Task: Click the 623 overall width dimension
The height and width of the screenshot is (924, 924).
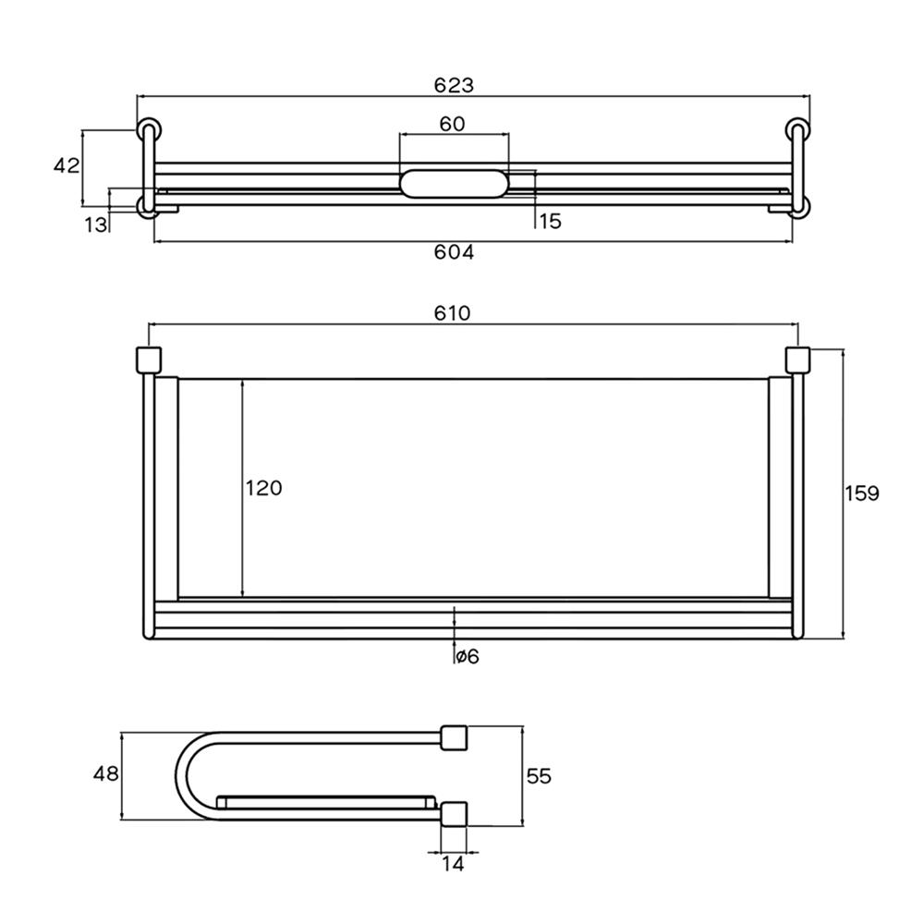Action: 454,85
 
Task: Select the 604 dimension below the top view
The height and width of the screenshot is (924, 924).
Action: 454,252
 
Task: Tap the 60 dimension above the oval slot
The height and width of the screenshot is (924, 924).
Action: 452,124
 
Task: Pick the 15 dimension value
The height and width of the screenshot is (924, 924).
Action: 550,222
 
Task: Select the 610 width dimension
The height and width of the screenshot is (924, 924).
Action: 454,313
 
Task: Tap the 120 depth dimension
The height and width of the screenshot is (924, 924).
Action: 263,488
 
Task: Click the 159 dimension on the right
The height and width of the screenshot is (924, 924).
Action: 861,492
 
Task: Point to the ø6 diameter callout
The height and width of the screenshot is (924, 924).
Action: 467,656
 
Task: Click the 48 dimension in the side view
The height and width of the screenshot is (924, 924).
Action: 106,773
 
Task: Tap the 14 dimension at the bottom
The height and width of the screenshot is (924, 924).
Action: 453,865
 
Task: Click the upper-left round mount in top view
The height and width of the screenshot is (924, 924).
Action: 148,128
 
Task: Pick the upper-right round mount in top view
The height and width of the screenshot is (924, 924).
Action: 796,128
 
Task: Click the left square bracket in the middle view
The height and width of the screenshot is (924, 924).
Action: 149,359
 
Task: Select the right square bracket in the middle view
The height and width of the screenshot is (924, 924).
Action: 796,359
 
